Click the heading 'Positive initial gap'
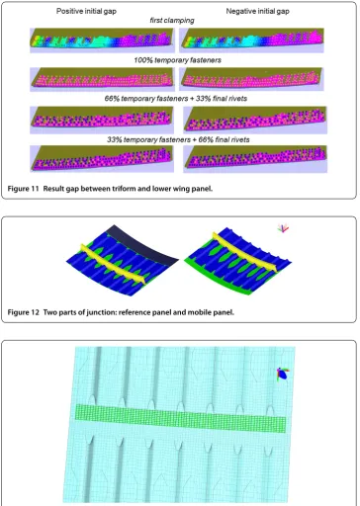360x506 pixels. (86, 11)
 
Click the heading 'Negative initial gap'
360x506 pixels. (257, 11)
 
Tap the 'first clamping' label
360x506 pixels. (172, 21)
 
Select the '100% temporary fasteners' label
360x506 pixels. (177, 60)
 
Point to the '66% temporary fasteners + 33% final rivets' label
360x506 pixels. (176, 98)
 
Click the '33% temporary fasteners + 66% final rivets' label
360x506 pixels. (178, 139)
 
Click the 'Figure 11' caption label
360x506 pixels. (23, 189)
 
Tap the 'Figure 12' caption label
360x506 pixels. (23, 312)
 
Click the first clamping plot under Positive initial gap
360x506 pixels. (102, 41)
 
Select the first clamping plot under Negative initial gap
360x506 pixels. (251, 41)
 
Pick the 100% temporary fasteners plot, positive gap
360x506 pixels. (102, 79)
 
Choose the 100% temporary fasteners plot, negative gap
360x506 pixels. (251, 79)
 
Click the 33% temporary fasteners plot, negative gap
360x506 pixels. (255, 159)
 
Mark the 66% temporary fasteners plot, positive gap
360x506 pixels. (102, 120)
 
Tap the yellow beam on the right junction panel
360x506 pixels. (244, 252)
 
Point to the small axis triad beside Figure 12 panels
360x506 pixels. (283, 228)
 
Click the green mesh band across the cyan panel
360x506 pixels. (180, 418)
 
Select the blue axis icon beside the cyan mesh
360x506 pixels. (283, 375)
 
